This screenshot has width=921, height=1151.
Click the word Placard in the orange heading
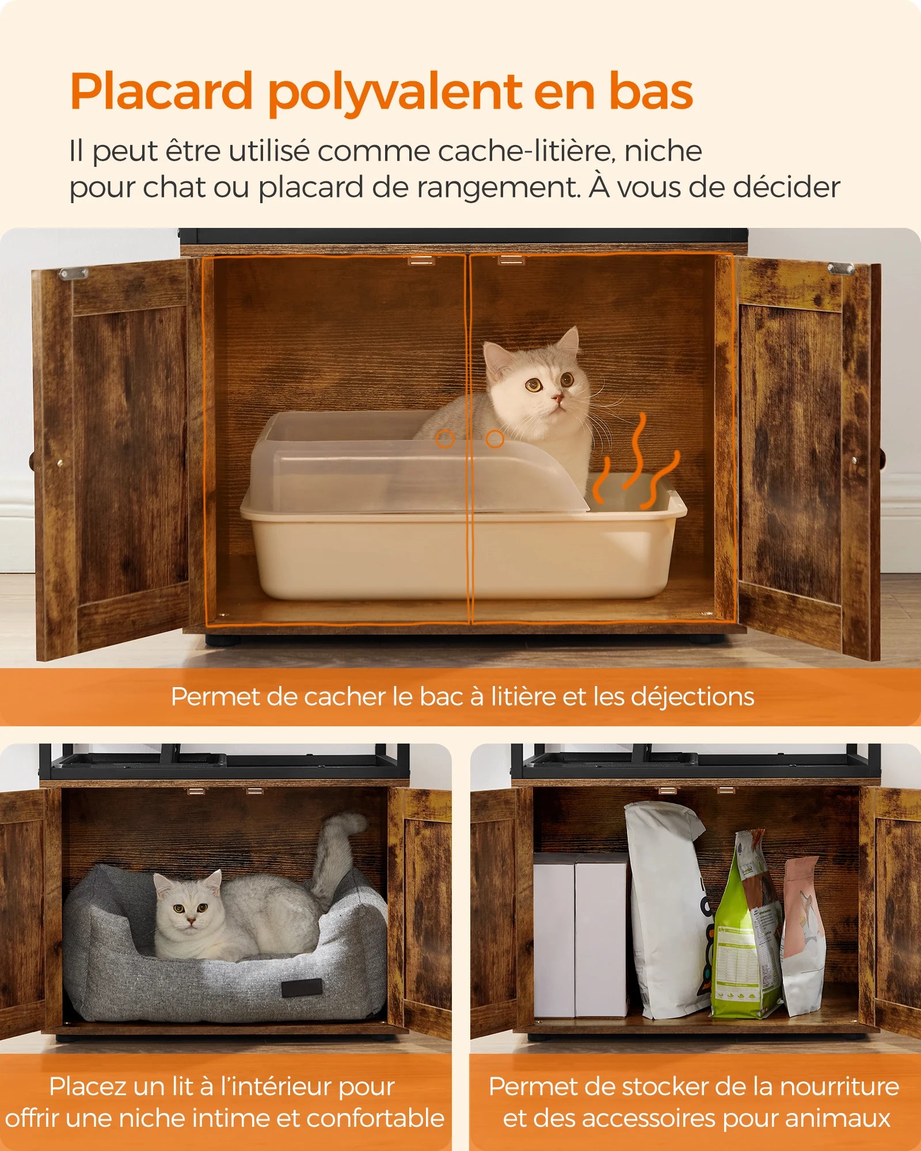161,92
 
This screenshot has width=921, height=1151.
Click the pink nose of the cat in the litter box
557,397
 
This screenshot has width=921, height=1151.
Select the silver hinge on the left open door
74,273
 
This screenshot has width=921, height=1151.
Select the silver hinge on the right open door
840,268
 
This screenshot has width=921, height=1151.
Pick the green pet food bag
745,932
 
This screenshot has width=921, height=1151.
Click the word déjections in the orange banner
692,697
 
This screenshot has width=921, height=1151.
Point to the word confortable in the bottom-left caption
375,1118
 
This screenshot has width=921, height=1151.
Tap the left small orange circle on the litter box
444,440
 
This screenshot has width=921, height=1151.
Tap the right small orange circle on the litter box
494,440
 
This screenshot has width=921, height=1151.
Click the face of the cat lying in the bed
189,909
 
